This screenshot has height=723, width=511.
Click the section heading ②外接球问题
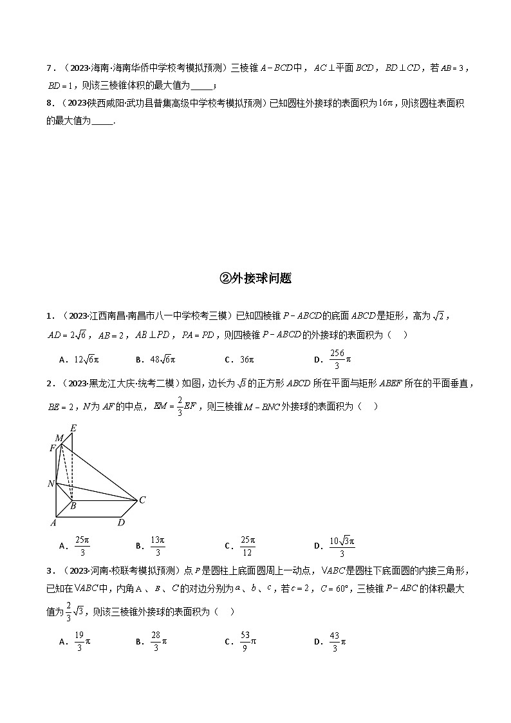(256, 278)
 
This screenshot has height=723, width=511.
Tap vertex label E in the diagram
(73, 428)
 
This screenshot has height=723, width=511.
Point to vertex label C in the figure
(142, 500)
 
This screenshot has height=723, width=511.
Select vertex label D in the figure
(120, 522)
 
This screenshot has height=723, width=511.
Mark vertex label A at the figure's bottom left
(53, 522)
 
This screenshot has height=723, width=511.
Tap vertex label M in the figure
(59, 438)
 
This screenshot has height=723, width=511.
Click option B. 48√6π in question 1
(155, 360)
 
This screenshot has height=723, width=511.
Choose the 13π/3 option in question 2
(151, 545)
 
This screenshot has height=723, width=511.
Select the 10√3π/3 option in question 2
(334, 545)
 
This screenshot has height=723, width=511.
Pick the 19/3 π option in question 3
(75, 641)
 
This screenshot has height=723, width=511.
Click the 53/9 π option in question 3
(241, 641)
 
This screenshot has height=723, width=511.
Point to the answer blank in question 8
(102, 120)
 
